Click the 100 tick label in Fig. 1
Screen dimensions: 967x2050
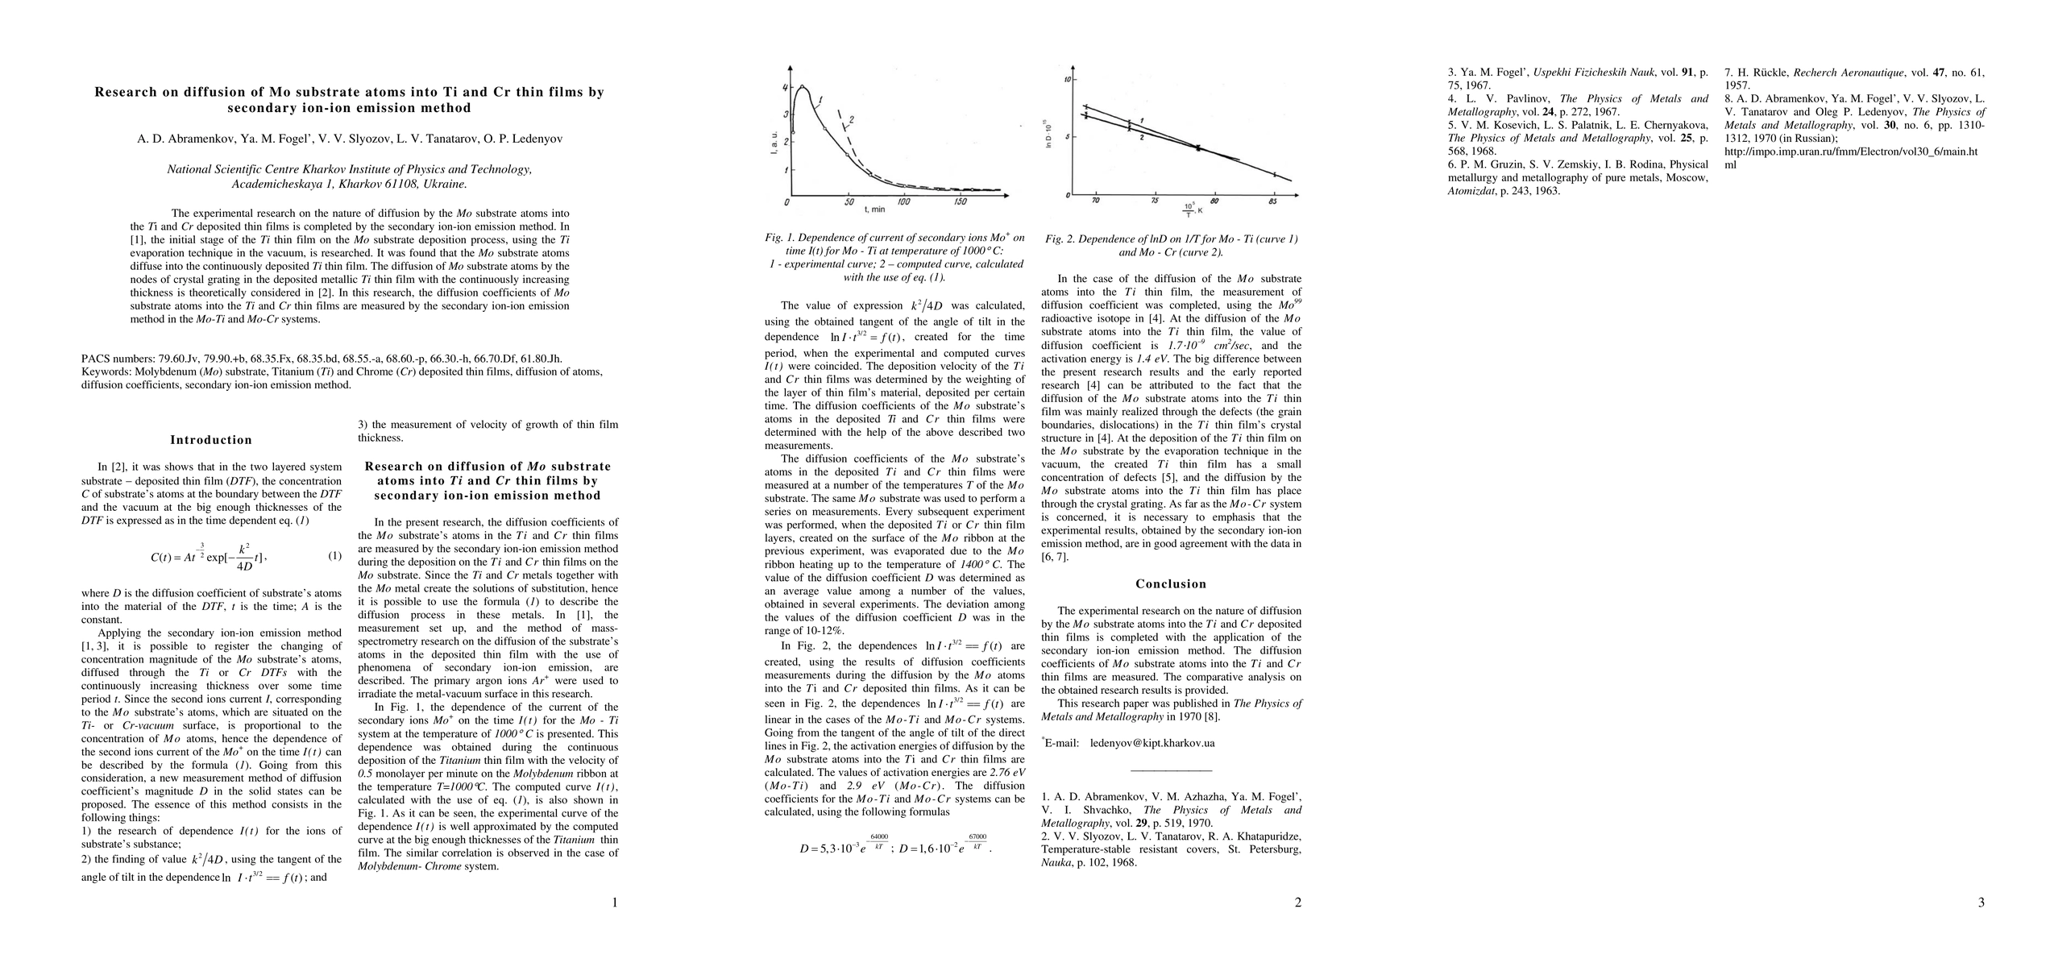pos(903,202)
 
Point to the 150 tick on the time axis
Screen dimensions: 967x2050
pos(960,202)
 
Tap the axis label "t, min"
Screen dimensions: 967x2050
pos(874,210)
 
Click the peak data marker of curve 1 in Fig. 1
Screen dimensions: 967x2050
pos(802,86)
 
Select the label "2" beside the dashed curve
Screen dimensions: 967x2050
pos(851,120)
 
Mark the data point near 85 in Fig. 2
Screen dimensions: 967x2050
pos(1274,174)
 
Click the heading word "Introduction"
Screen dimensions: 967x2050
pos(211,440)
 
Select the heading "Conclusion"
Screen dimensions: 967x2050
pos(1171,584)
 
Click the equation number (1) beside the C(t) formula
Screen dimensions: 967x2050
pos(334,556)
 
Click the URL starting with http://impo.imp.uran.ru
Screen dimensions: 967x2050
pos(1851,151)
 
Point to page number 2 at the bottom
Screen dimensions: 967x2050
pos(1297,903)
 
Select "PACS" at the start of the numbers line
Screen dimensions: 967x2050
pos(97,359)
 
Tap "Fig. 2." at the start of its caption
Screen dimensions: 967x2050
pos(1060,239)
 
